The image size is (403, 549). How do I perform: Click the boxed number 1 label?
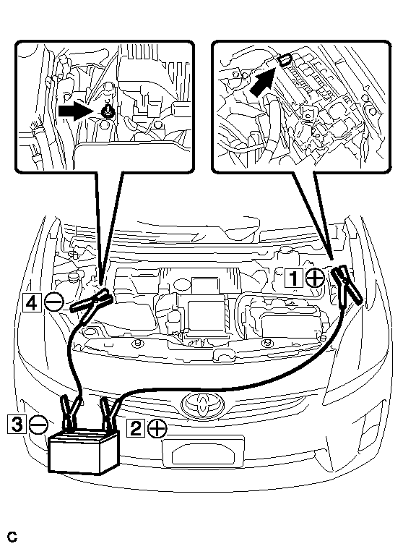click(x=294, y=278)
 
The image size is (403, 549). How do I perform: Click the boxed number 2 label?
click(x=136, y=428)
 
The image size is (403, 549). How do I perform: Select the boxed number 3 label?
click(x=17, y=424)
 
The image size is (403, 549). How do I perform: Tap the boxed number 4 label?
click(x=32, y=302)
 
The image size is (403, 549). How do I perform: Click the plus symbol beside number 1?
click(x=315, y=278)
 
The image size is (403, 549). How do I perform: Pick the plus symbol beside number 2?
click(x=157, y=428)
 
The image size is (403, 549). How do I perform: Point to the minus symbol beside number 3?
click(x=38, y=425)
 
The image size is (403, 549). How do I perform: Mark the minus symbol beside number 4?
click(x=54, y=302)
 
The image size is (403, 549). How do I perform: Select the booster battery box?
click(x=84, y=451)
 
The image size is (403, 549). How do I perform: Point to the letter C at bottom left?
click(x=12, y=537)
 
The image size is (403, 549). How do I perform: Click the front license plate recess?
click(x=203, y=454)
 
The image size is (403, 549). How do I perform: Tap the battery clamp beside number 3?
click(x=71, y=412)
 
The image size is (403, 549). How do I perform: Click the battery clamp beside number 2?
click(x=109, y=412)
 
